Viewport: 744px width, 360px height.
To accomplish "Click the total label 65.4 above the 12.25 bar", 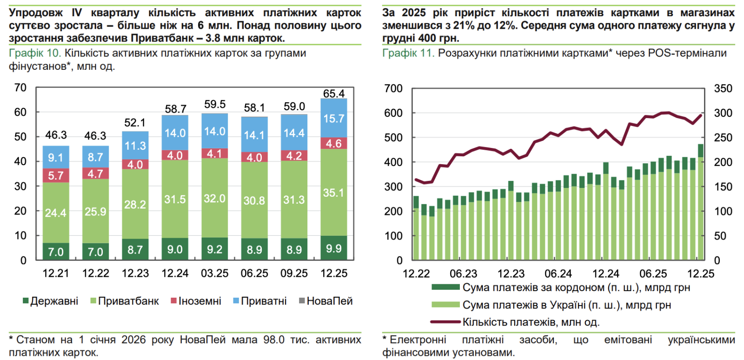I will point(334,93).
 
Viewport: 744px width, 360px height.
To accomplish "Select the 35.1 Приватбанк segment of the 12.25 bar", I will point(334,193).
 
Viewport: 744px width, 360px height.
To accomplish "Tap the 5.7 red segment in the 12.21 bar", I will point(56,175).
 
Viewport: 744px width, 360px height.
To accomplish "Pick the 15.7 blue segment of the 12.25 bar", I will point(334,119).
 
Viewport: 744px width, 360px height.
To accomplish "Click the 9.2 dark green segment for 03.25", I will point(214,249).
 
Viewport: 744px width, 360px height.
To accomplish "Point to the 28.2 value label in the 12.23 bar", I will point(135,205).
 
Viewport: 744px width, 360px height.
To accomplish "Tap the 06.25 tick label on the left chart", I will point(254,273).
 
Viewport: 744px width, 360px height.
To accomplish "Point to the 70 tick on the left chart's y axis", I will point(20,87).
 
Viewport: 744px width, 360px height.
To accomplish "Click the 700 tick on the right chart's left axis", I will point(393,88).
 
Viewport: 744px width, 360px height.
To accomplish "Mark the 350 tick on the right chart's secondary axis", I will point(723,88).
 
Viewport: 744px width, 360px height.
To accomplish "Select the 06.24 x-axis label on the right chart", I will point(558,274).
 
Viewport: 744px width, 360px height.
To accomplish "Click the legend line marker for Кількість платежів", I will point(445,322).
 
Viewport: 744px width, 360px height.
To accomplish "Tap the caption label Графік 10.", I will point(35,53).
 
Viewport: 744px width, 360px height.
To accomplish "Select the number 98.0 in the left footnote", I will point(274,340).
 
